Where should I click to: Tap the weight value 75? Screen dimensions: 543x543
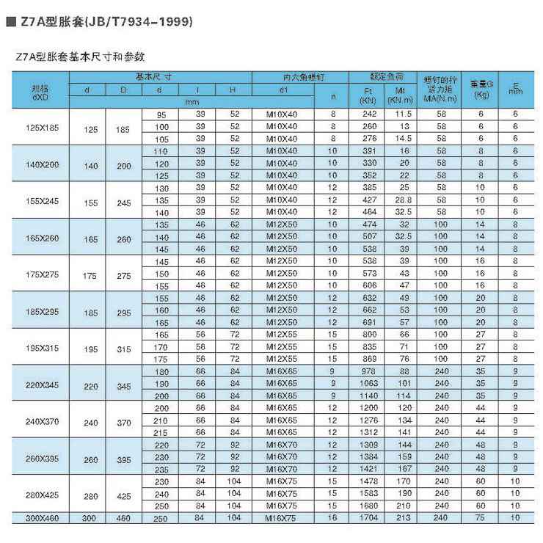tap(481, 519)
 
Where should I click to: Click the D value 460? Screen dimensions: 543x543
tap(123, 519)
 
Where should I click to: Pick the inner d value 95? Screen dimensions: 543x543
tap(161, 115)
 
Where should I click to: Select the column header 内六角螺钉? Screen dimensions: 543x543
tap(283, 76)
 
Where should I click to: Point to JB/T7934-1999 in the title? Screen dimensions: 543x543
tap(139, 23)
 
